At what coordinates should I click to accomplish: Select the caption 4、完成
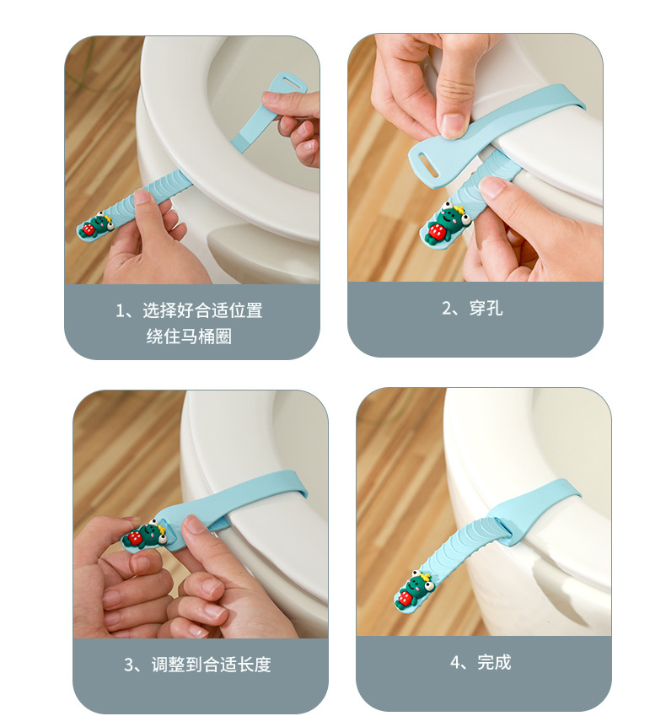pyautogui.click(x=481, y=663)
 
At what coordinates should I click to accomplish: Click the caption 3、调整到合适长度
pyautogui.click(x=198, y=665)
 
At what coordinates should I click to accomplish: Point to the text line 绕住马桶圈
pyautogui.click(x=189, y=337)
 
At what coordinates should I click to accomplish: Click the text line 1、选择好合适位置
pyautogui.click(x=189, y=310)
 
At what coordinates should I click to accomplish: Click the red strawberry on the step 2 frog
pyautogui.click(x=437, y=231)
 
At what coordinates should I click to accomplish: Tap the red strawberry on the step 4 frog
pyautogui.click(x=406, y=597)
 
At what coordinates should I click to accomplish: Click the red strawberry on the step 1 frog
pyautogui.click(x=90, y=228)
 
